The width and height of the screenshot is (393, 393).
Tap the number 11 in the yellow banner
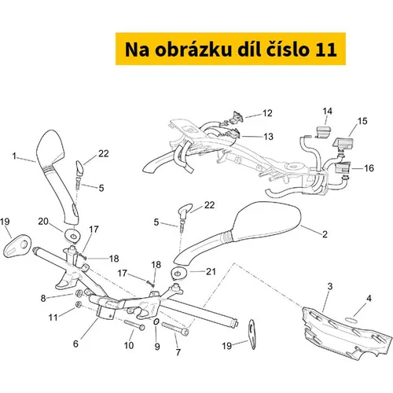point(326,50)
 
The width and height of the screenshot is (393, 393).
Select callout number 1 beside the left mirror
point(14,156)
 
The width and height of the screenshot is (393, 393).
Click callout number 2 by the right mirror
point(325,234)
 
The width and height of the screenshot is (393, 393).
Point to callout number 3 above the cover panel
point(330,286)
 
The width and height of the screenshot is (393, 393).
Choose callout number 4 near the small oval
point(369,298)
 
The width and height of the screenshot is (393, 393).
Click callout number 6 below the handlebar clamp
point(75,343)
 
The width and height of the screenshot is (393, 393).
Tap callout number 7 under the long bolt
point(178,352)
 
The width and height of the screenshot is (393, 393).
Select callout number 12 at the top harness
point(267,113)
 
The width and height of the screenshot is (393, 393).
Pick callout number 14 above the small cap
point(328,111)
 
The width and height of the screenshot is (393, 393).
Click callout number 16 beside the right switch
point(369,168)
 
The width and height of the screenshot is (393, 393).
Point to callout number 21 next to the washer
point(211,272)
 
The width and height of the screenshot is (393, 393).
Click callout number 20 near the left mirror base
point(43,222)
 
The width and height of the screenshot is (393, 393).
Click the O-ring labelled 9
point(156,321)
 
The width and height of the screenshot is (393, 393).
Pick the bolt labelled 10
point(134,325)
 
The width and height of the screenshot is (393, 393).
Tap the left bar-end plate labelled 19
point(17,246)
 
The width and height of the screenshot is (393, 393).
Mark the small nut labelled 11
point(78,304)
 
